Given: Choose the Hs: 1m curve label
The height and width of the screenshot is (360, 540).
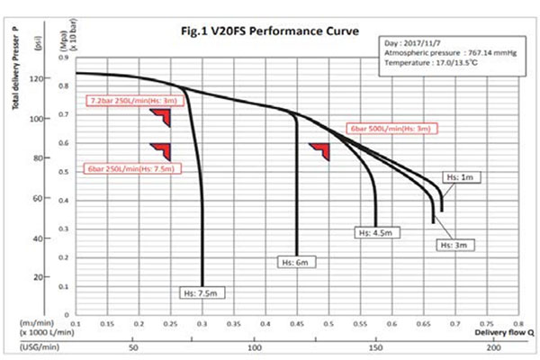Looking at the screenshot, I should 462,178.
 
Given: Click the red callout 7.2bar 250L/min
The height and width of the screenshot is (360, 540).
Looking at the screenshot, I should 133,100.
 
